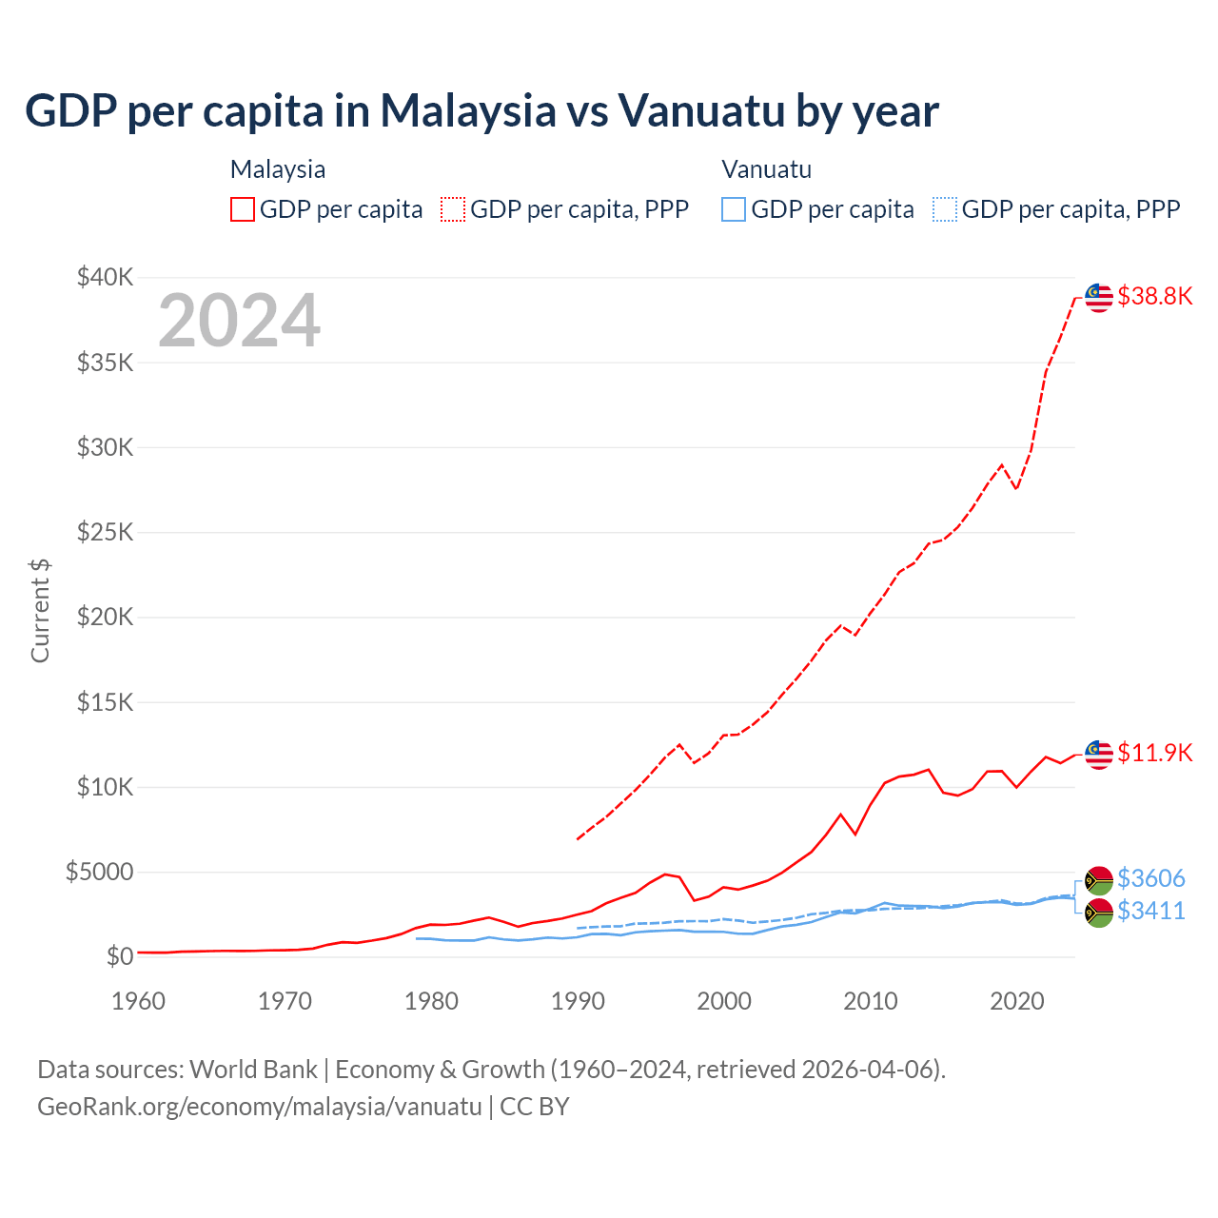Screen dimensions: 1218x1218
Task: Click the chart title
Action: [481, 111]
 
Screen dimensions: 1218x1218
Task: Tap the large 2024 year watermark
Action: [239, 321]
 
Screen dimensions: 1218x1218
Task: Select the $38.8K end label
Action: [1154, 296]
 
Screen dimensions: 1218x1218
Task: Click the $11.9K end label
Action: [1154, 753]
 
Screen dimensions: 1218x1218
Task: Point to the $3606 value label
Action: [1150, 877]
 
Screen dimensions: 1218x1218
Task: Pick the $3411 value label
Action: [1150, 911]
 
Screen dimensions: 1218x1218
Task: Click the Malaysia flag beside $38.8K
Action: [1099, 297]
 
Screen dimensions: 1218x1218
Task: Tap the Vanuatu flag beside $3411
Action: [1099, 913]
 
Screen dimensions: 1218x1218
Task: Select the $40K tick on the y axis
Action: [106, 278]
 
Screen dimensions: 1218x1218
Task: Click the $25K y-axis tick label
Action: [106, 532]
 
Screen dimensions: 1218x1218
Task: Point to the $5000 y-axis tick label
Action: [99, 872]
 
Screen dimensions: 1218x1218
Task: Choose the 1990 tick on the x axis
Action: [578, 1001]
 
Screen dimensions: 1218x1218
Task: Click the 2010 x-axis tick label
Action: [871, 1001]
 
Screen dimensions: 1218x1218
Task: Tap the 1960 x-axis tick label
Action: [139, 1001]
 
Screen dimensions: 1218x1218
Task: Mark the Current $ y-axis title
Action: [40, 610]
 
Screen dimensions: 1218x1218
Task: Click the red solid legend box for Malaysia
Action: [243, 209]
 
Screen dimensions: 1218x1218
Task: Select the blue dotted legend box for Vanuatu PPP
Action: [944, 209]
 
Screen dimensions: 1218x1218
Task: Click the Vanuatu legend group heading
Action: [766, 169]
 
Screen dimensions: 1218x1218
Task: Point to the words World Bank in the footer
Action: [253, 1070]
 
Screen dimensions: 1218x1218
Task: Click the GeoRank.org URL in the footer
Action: [259, 1107]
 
